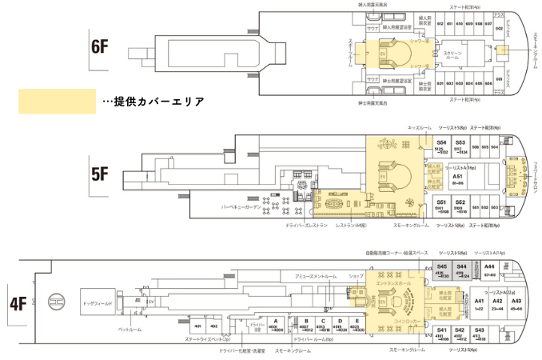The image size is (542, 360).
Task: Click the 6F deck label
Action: (99, 46)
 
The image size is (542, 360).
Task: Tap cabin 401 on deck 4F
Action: (197, 326)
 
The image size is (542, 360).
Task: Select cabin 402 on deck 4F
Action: (213, 326)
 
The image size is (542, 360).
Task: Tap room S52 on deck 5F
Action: (460, 204)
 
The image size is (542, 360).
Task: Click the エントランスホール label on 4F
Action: (391, 283)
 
